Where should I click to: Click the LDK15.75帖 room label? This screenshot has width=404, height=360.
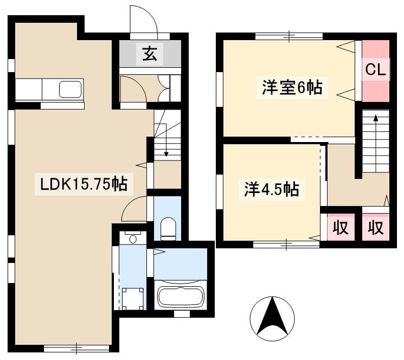(x=84, y=184)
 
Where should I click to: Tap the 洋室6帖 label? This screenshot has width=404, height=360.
(x=292, y=87)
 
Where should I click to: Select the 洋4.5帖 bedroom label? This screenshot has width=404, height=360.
(x=272, y=189)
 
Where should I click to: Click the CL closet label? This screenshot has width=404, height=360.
(x=376, y=69)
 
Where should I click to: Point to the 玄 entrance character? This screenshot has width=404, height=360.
(x=150, y=54)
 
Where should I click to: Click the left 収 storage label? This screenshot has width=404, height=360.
(x=341, y=227)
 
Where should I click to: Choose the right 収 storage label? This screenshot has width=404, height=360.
(x=376, y=227)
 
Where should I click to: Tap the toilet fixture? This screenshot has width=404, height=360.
(x=168, y=229)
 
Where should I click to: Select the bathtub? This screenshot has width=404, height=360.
(x=181, y=295)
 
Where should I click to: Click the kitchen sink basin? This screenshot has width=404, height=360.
(x=70, y=89)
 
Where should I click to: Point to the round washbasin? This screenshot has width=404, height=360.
(x=133, y=239)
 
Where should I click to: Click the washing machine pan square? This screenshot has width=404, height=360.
(x=132, y=299)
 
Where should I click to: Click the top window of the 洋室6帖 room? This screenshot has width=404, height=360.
(x=289, y=36)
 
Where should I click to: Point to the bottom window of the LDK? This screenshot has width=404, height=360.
(x=76, y=349)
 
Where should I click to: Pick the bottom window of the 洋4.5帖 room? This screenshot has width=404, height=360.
(x=286, y=245)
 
